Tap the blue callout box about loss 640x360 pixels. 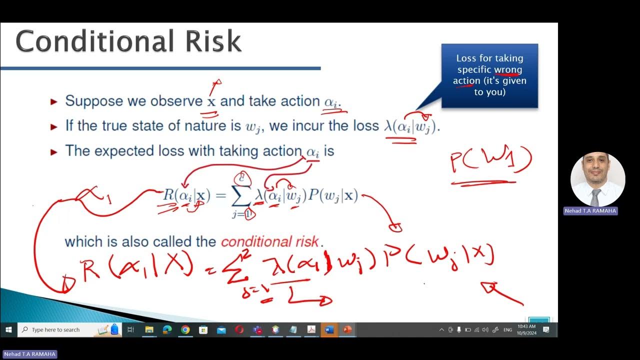(x=489, y=75)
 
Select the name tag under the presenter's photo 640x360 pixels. (x=590, y=211)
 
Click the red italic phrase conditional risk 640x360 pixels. (x=269, y=242)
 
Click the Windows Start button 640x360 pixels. (x=8, y=329)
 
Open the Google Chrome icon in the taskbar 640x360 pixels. (x=185, y=329)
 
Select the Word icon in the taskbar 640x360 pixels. (x=329, y=329)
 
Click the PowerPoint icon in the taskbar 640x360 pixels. (x=347, y=329)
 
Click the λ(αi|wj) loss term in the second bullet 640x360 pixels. (x=411, y=126)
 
